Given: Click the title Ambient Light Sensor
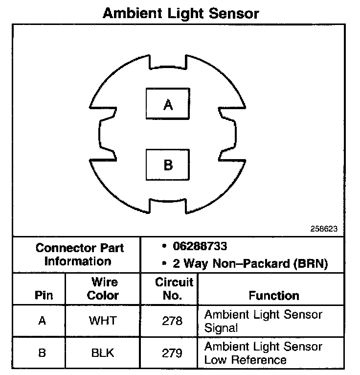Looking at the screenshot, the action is pyautogui.click(x=180, y=13).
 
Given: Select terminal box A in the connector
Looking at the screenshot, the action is pyautogui.click(x=168, y=104).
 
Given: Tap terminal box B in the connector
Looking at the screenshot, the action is pyautogui.click(x=168, y=165).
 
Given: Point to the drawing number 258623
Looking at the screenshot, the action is pyautogui.click(x=323, y=229).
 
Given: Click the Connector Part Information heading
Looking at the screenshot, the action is pyautogui.click(x=79, y=254).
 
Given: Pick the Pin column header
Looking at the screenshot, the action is pyautogui.click(x=44, y=296).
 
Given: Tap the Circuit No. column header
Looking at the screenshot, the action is pyautogui.click(x=174, y=289).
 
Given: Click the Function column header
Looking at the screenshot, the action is pyautogui.click(x=273, y=296).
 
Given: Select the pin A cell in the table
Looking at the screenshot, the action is pyautogui.click(x=42, y=321).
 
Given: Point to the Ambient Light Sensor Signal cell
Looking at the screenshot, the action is pyautogui.click(x=263, y=321).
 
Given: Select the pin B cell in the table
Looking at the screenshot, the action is pyautogui.click(x=42, y=353).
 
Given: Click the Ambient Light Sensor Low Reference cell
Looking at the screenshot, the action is pyautogui.click(x=263, y=353).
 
